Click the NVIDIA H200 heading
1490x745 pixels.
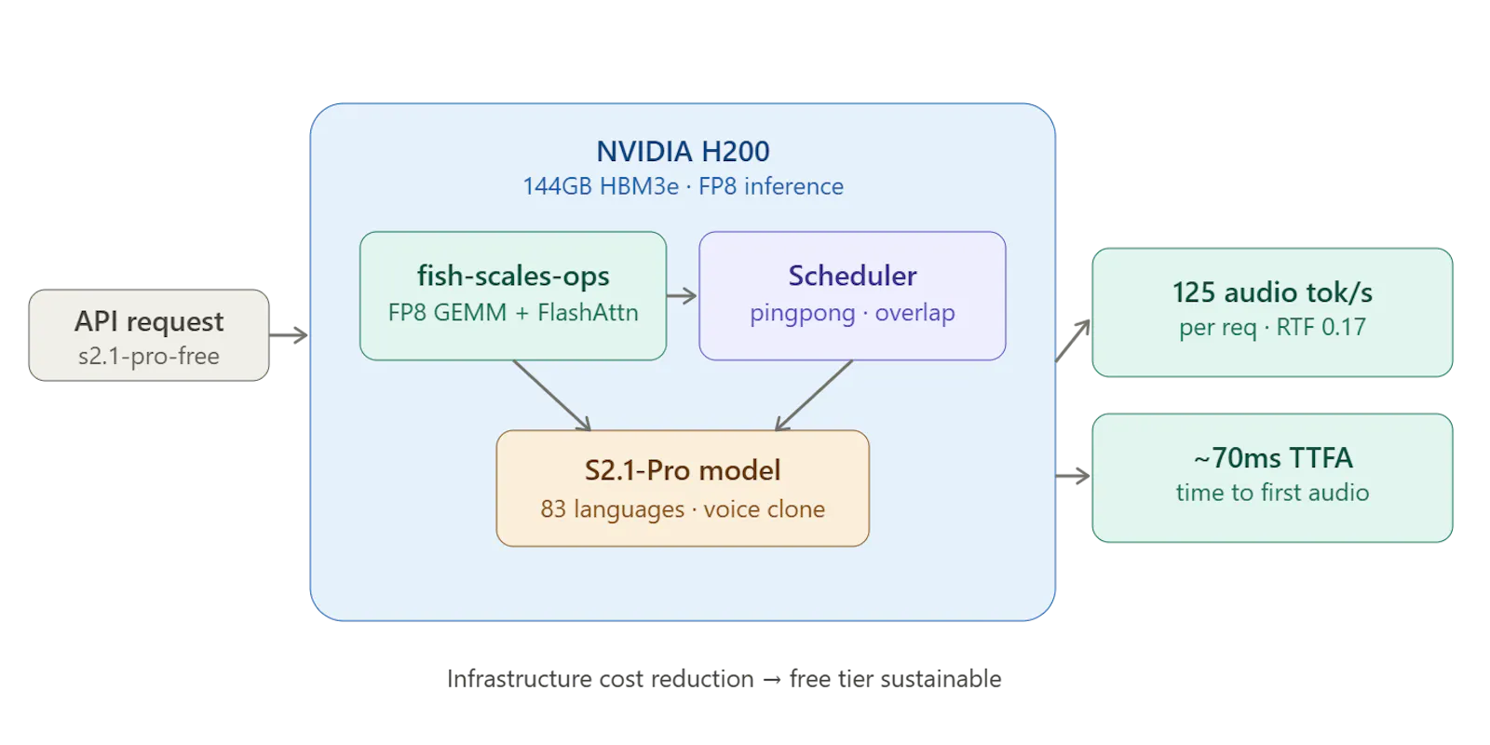tap(683, 152)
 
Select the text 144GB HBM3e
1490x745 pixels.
tap(601, 186)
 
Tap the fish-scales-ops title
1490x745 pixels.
tap(513, 276)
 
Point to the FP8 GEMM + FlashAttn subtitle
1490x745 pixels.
tap(513, 313)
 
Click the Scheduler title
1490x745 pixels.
tap(852, 276)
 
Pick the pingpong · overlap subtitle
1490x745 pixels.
tap(852, 313)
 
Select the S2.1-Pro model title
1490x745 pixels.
tap(683, 470)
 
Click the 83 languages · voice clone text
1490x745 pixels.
tap(683, 508)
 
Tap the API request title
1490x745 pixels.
tap(149, 322)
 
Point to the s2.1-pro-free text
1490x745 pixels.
tap(149, 357)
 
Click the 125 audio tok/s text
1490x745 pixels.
tap(1272, 292)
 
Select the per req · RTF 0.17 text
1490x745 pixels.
tap(1272, 327)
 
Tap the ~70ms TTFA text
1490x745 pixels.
tap(1272, 457)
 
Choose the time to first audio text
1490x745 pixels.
tap(1272, 493)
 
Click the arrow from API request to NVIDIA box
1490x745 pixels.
tap(289, 335)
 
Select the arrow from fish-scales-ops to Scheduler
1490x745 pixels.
tap(682, 296)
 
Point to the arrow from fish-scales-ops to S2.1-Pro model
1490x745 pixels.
tap(551, 395)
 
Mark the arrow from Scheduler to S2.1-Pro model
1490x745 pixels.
tap(814, 395)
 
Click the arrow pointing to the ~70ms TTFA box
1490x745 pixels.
tap(1073, 476)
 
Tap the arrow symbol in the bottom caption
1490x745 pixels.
tap(772, 680)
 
